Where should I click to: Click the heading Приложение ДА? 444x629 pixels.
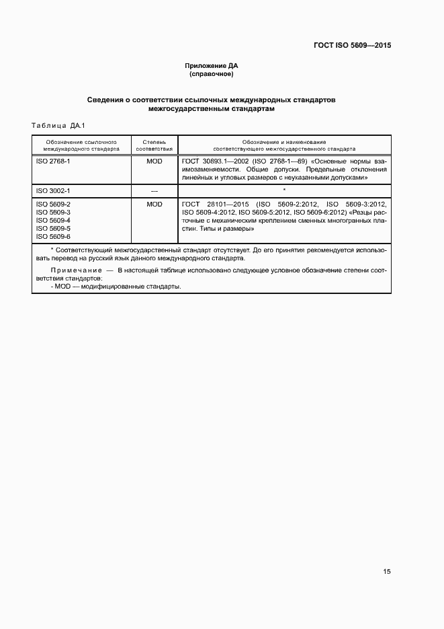tap(212, 66)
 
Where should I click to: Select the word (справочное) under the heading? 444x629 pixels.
tap(212, 75)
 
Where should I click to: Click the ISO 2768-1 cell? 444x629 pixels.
tap(53, 162)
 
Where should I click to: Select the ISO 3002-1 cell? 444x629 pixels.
tap(53, 191)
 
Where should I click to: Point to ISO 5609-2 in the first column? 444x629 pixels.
tap(53, 204)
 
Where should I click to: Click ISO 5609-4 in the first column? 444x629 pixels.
tap(53, 220)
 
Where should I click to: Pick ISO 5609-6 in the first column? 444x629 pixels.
tap(53, 237)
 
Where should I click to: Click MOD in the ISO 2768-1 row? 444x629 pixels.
tap(154, 162)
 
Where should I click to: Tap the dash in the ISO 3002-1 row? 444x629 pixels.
tap(154, 192)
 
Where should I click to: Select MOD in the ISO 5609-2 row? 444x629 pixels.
tap(154, 204)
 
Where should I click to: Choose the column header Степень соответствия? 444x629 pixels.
tap(154, 145)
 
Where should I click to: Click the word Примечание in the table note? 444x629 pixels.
tap(69, 270)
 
